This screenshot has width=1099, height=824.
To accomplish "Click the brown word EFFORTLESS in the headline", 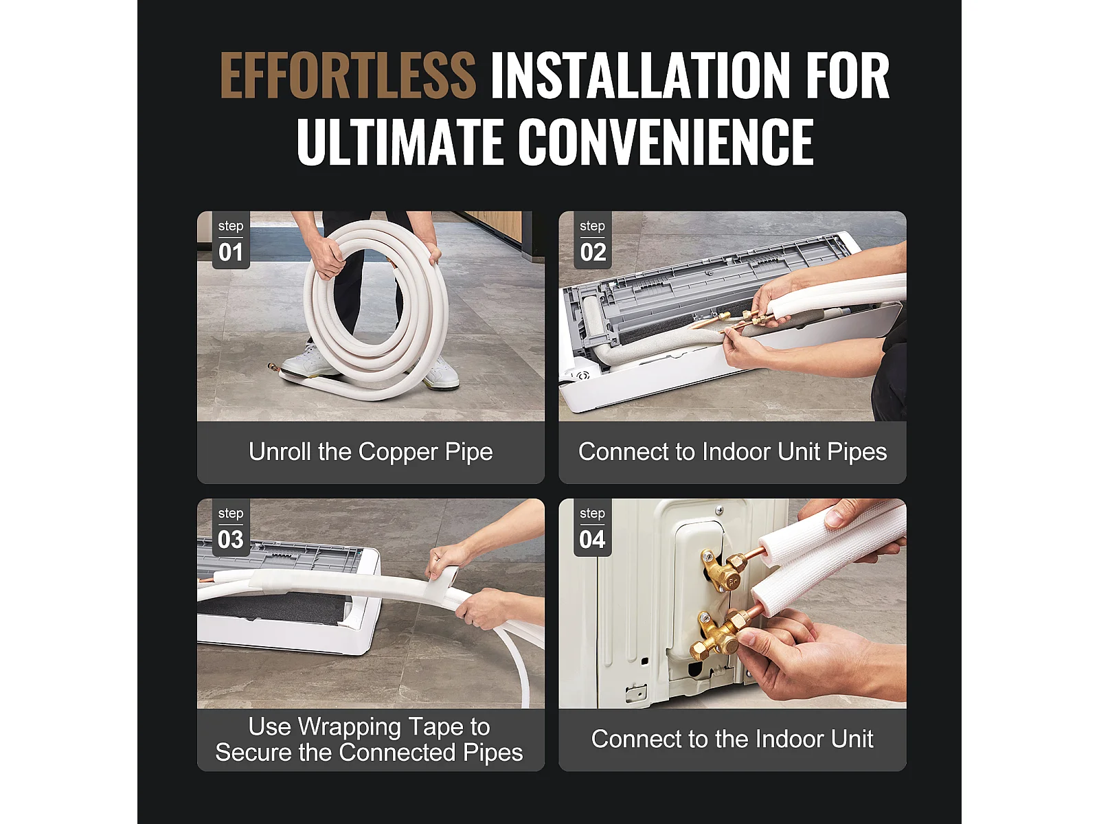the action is pyautogui.click(x=348, y=76).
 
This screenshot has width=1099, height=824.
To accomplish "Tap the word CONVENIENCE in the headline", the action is pyautogui.click(x=666, y=141).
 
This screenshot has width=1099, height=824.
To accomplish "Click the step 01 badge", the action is pyautogui.click(x=231, y=240).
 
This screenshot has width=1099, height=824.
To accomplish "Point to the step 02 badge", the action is pyautogui.click(x=592, y=240).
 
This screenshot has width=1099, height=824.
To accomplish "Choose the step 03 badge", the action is pyautogui.click(x=231, y=528).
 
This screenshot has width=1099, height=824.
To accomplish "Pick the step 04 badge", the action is pyautogui.click(x=592, y=528).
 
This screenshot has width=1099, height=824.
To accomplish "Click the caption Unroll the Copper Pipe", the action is pyautogui.click(x=370, y=452).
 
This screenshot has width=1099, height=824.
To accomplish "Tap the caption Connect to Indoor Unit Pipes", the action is pyautogui.click(x=732, y=452).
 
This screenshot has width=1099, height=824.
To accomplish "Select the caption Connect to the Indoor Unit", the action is pyautogui.click(x=732, y=739).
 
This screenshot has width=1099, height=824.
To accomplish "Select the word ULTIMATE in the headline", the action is pyautogui.click(x=400, y=141).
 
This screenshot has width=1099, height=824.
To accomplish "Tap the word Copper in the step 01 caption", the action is pyautogui.click(x=398, y=453).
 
